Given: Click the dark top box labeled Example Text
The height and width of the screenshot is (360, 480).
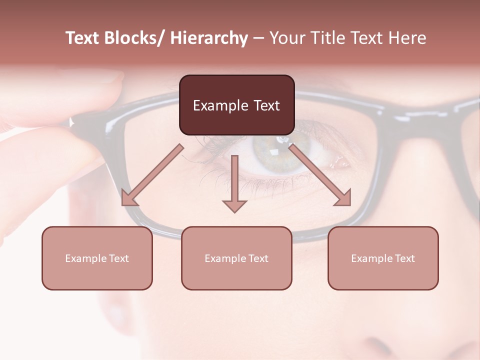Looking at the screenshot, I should (x=236, y=105).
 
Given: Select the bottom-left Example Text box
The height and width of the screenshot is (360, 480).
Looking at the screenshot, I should (x=97, y=258).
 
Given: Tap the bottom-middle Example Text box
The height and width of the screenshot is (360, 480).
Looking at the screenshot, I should (x=236, y=258).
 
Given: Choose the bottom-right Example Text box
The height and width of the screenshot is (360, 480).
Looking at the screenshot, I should (x=383, y=258).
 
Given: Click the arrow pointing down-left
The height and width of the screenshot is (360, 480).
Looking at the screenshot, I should (x=152, y=175).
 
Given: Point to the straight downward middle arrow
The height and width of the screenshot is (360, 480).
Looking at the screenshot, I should (x=234, y=182).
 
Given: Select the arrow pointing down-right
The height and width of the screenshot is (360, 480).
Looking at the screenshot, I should (x=320, y=175).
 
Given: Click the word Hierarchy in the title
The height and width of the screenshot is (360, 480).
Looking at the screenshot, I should (x=209, y=38).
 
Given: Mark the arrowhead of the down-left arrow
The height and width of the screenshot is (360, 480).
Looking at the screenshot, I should (x=128, y=199).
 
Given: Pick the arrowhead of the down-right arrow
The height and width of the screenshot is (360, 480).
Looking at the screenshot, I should (x=344, y=198).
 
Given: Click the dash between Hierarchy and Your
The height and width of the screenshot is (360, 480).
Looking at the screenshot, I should (x=258, y=38).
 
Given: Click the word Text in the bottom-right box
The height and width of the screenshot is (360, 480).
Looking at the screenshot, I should (x=404, y=258).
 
